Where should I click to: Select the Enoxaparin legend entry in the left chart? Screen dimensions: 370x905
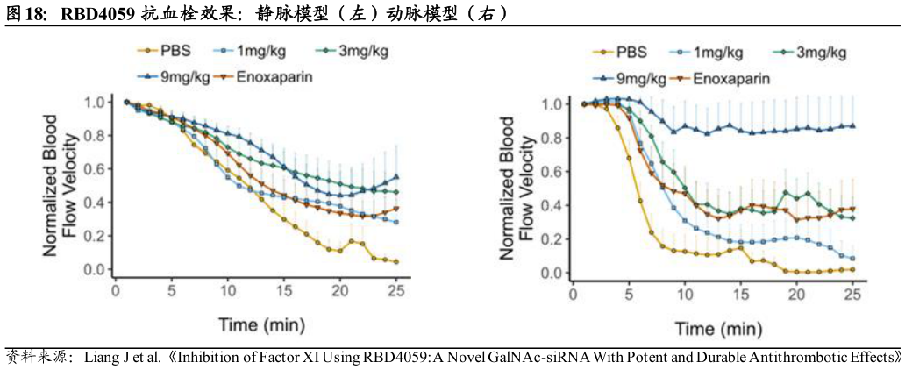coord(273,76)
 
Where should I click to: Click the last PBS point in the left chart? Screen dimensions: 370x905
coord(396,261)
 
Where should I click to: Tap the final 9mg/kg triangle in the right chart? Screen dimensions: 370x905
coord(852,125)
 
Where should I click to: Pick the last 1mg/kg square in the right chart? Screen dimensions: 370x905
coord(852,258)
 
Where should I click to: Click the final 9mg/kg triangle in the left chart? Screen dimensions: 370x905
coord(396,176)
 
